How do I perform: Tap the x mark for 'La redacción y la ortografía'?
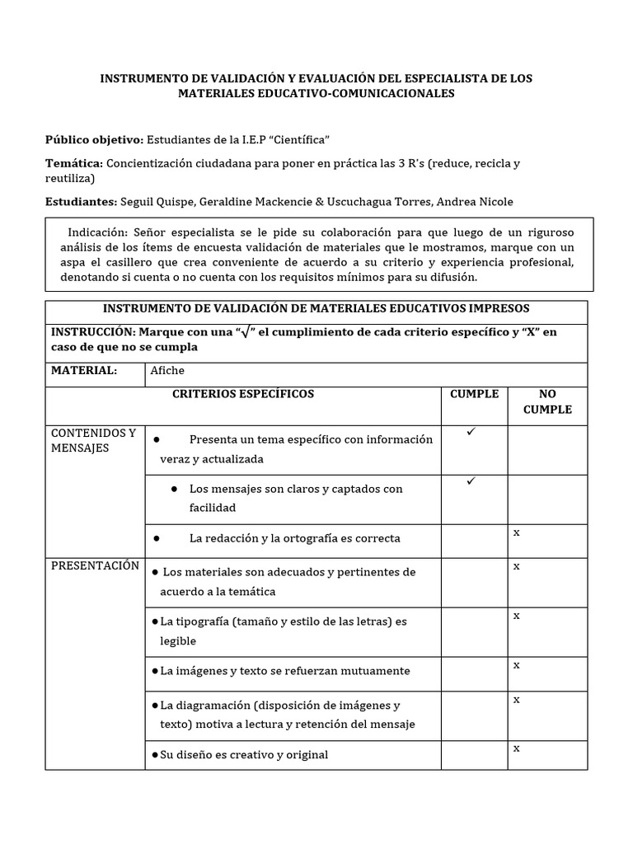517,532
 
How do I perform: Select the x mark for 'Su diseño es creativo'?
517,748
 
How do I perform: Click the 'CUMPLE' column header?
474,394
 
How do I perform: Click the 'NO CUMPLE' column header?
547,401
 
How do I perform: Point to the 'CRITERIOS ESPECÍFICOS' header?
243,394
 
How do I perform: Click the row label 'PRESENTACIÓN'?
95,566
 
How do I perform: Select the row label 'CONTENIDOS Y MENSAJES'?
93,440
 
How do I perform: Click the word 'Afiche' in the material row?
167,370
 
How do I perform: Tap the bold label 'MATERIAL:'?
84,370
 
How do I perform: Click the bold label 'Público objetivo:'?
94,138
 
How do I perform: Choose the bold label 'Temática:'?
73,163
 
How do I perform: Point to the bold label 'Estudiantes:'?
81,202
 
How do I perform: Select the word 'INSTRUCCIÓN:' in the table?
92,331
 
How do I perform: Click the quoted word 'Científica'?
302,138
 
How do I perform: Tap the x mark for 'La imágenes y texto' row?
517,664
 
